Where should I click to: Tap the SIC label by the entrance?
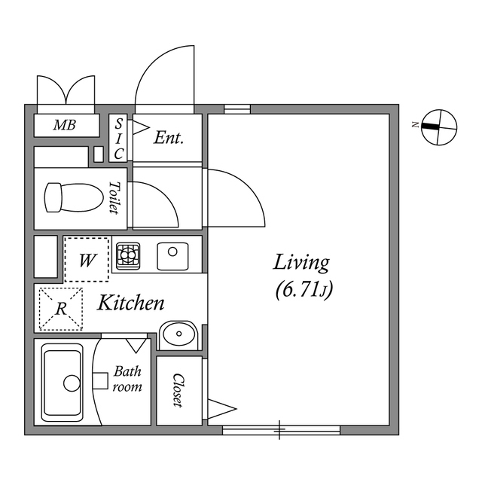click(x=119, y=138)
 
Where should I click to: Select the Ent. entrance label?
click(x=169, y=138)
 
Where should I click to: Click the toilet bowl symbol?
click(x=73, y=198)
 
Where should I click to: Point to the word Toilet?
click(x=114, y=197)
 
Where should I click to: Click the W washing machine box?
click(x=87, y=261)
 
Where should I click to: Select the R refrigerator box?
click(x=59, y=309)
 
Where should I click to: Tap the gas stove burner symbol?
click(x=127, y=256)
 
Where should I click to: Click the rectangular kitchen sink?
click(x=172, y=256)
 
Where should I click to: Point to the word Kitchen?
click(x=131, y=304)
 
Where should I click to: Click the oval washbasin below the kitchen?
click(x=179, y=333)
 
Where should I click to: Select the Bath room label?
click(x=127, y=379)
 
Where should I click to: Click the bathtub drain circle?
click(x=72, y=383)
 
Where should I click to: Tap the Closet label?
click(x=178, y=391)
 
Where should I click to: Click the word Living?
click(x=301, y=263)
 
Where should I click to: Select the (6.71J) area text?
click(x=304, y=288)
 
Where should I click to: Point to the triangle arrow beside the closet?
click(x=221, y=410)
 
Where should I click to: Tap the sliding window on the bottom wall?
click(x=280, y=430)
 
